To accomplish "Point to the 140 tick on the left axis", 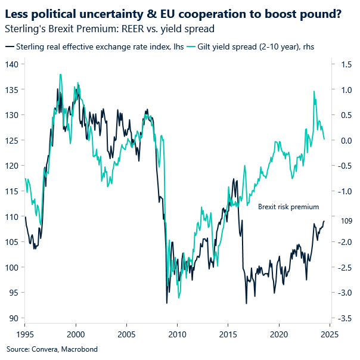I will pos(12,64).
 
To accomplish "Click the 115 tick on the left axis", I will pos(12,191).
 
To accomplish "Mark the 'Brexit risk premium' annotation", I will pos(288,207).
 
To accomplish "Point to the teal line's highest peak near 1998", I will pos(60,75).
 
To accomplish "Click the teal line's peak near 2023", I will pos(314,91).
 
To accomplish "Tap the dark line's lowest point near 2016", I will pos(246,303).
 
